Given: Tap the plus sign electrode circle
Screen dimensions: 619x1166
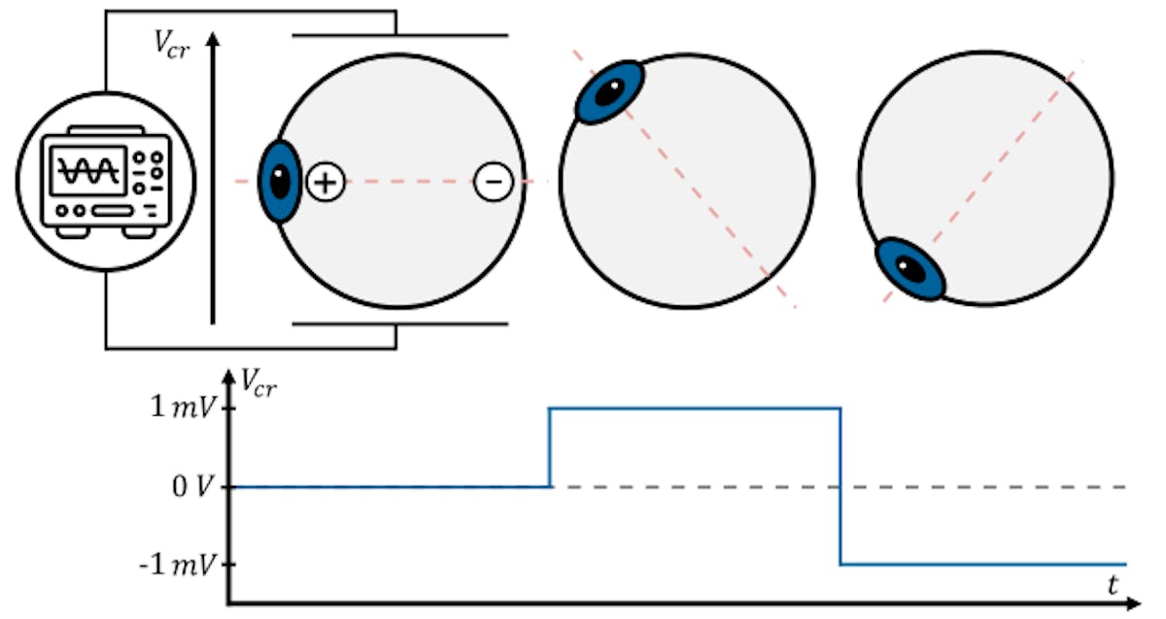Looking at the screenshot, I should pyautogui.click(x=326, y=182).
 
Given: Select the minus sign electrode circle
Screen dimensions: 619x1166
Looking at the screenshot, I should pyautogui.click(x=494, y=182).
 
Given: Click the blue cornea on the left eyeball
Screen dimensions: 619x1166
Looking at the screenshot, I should pyautogui.click(x=279, y=182).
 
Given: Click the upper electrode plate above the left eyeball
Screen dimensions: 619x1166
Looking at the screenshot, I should pyautogui.click(x=399, y=36).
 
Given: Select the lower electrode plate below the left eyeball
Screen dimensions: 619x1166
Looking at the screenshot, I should pyautogui.click(x=399, y=324).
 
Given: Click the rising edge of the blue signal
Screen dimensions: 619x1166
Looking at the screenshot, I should pyautogui.click(x=550, y=447).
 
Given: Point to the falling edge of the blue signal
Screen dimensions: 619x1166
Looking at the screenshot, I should pyautogui.click(x=840, y=486).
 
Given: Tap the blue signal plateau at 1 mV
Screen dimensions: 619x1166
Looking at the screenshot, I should pyautogui.click(x=695, y=409).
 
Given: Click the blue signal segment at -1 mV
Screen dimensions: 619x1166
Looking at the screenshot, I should pyautogui.click(x=981, y=564).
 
